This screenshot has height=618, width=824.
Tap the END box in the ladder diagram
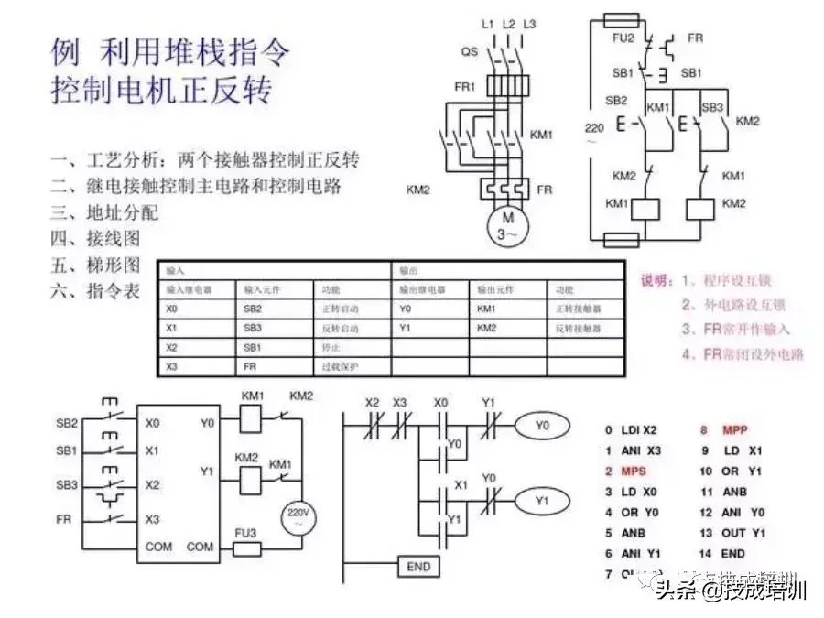[417, 567]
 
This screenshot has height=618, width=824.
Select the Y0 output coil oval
[542, 425]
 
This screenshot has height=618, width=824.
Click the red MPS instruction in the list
[633, 472]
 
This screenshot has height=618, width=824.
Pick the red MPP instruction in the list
[735, 429]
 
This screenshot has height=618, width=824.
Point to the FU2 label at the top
[623, 38]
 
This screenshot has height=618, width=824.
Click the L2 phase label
[508, 22]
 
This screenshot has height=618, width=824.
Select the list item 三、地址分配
[104, 213]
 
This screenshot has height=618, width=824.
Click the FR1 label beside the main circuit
[465, 87]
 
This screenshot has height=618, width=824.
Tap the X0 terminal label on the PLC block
[152, 424]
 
